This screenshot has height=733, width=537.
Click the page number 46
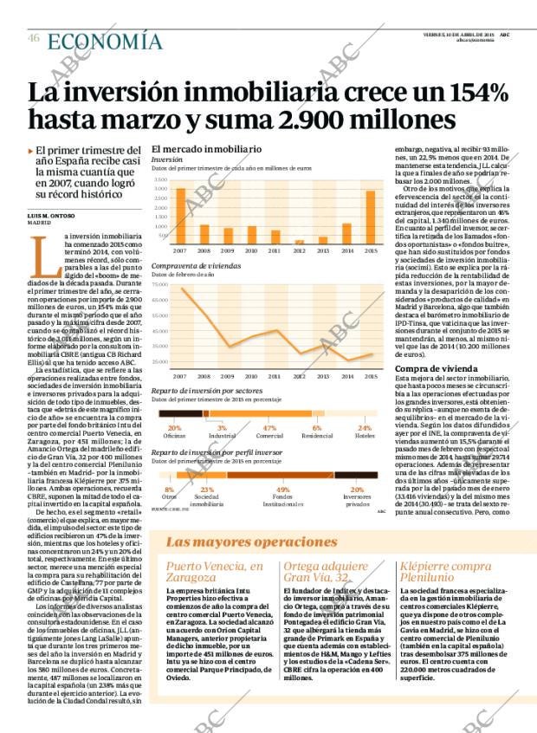coord(33,38)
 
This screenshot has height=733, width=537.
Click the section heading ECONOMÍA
coord(104,41)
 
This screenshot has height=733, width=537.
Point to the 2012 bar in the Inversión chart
coord(300,242)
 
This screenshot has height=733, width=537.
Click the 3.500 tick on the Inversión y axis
coord(161,179)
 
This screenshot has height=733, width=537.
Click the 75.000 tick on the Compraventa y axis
coord(159,284)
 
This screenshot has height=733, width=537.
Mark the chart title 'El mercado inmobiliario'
coord(206,148)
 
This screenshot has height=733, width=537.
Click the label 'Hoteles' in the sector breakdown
coord(365,435)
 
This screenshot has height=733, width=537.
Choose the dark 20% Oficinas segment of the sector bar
coord(173,413)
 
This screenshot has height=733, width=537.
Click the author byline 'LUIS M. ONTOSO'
coord(51,215)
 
